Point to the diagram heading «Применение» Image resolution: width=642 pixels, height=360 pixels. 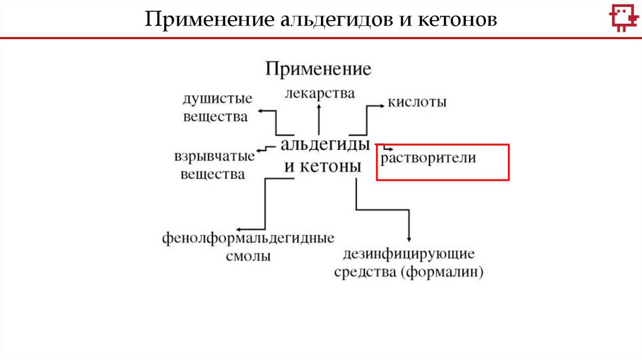pyautogui.click(x=318, y=68)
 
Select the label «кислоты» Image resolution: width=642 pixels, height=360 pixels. pyautogui.click(x=417, y=102)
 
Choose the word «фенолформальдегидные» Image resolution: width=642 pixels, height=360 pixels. pyautogui.click(x=248, y=238)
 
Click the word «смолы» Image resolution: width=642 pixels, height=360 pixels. pyautogui.click(x=249, y=256)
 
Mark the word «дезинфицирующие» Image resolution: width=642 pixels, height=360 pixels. pyautogui.click(x=409, y=255)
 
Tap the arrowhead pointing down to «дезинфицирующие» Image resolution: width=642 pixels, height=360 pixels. pyautogui.click(x=409, y=238)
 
